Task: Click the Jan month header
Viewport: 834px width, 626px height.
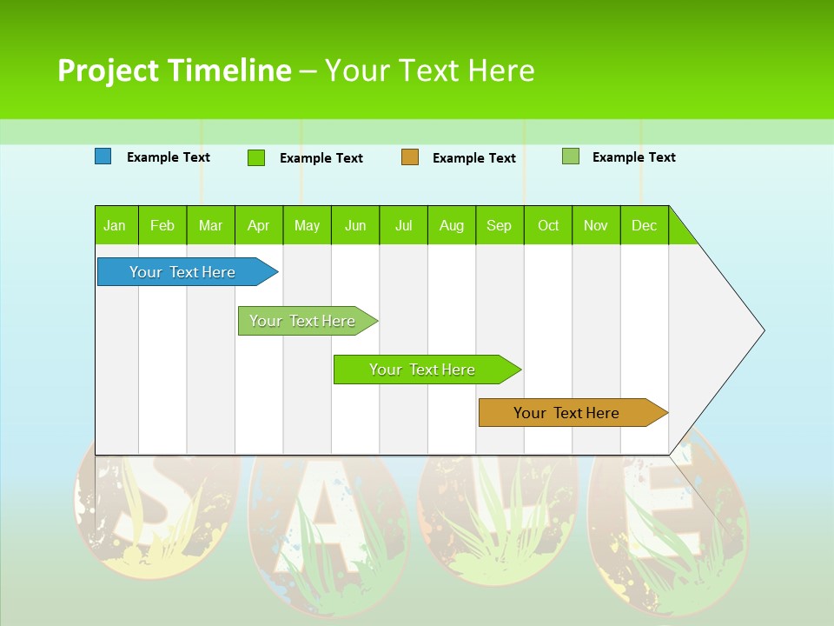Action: (x=116, y=225)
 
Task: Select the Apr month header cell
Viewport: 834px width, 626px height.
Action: (x=259, y=225)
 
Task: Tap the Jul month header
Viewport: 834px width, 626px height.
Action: (x=403, y=225)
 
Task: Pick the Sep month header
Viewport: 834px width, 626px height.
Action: (x=499, y=225)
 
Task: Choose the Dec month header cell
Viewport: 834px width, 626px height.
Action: (x=644, y=225)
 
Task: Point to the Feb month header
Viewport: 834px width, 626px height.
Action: (x=162, y=225)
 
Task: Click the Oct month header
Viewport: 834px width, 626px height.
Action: (x=548, y=225)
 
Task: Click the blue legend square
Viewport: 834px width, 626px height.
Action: (x=103, y=156)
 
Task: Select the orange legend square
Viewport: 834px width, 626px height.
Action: (x=410, y=157)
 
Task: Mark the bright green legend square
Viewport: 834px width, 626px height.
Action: (x=256, y=157)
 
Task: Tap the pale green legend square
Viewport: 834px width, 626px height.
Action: (x=571, y=156)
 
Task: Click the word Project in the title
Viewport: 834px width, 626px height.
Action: (x=109, y=70)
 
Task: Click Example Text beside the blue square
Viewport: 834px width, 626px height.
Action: (x=169, y=157)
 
